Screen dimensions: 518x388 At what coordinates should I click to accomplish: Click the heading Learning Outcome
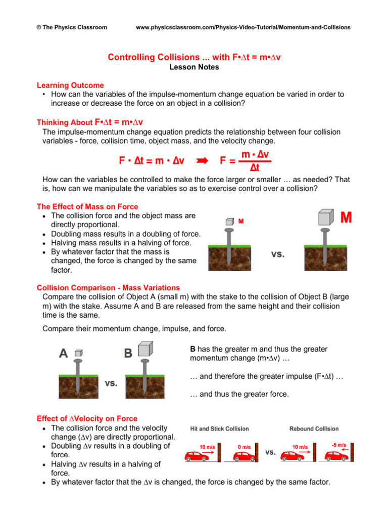pyautogui.click(x=70, y=85)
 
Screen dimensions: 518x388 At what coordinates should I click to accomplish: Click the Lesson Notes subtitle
pyautogui.click(x=194, y=67)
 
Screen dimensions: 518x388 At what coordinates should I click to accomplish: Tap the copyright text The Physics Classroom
pyautogui.click(x=68, y=27)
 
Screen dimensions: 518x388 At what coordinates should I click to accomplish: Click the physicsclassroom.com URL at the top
pyautogui.click(x=243, y=27)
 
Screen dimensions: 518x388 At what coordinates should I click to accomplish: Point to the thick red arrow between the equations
pyautogui.click(x=202, y=161)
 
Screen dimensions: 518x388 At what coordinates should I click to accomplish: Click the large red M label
pyautogui.click(x=347, y=218)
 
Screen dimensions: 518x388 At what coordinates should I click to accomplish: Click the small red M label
pyautogui.click(x=241, y=222)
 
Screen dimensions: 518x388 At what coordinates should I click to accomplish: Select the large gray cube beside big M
pyautogui.click(x=324, y=218)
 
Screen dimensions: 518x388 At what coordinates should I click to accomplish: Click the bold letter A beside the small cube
pyautogui.click(x=64, y=353)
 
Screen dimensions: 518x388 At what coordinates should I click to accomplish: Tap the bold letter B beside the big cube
pyautogui.click(x=129, y=353)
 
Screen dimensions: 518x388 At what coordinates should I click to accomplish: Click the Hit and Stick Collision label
pyautogui.click(x=219, y=429)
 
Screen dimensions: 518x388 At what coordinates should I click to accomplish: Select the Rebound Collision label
pyautogui.click(x=314, y=429)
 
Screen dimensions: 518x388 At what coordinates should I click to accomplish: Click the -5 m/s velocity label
pyautogui.click(x=338, y=446)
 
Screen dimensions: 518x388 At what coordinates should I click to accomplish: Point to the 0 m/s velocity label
pyautogui.click(x=244, y=447)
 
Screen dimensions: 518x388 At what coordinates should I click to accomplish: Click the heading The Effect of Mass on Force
pyautogui.click(x=87, y=207)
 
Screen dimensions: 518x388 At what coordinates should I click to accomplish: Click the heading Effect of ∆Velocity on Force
pyautogui.click(x=87, y=419)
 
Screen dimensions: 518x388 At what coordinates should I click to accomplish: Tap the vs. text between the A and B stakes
pyautogui.click(x=111, y=383)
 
